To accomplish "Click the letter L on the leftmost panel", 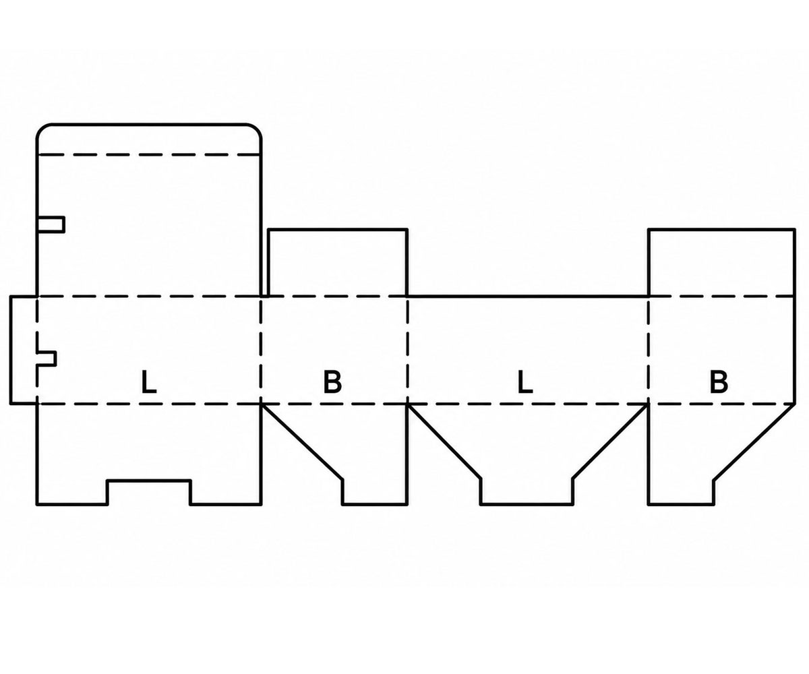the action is (149, 382).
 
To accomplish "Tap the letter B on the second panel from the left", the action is (332, 382).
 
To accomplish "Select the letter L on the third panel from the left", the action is (525, 382).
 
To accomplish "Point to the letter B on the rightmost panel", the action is (719, 382).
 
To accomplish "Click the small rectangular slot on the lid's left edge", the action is (51, 224).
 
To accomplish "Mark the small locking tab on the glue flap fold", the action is (47, 359).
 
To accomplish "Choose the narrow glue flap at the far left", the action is (23, 350).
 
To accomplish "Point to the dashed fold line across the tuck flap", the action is (149, 155).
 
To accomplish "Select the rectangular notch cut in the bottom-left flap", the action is (149, 492).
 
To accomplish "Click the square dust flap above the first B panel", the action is (338, 263).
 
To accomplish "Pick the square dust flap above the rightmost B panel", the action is (722, 263).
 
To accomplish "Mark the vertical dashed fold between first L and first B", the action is (261, 350).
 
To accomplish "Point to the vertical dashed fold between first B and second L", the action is (407, 350).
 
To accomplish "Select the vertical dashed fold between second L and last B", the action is (648, 350).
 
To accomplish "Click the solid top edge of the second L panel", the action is (528, 297).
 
